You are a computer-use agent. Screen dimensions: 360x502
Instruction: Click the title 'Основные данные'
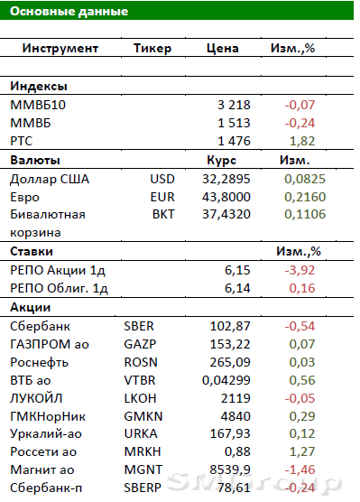pyautogui.click(x=69, y=11)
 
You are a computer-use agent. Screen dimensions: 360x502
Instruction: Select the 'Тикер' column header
pyautogui.click(x=152, y=49)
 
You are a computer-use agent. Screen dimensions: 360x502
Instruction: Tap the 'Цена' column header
pyautogui.click(x=222, y=48)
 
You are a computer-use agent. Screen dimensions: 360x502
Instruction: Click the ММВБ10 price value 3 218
pyautogui.click(x=234, y=105)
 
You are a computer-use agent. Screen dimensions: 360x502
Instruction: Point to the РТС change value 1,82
pyautogui.click(x=302, y=141)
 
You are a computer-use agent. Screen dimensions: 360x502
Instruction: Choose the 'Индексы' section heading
pyautogui.click(x=39, y=86)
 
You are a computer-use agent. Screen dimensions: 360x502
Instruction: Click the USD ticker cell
pyautogui.click(x=162, y=179)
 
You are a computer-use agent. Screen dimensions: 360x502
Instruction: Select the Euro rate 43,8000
pyautogui.click(x=226, y=197)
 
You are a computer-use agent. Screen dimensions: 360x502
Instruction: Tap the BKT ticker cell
pyautogui.click(x=163, y=214)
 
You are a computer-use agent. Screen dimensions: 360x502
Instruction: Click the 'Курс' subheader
pyautogui.click(x=221, y=160)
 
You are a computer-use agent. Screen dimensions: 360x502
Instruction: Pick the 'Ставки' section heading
pyautogui.click(x=32, y=251)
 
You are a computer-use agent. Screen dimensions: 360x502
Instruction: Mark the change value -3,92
pyautogui.click(x=300, y=270)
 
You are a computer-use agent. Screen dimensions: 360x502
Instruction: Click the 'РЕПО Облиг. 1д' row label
pyautogui.click(x=59, y=288)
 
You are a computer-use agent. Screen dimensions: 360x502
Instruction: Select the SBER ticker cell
pyautogui.click(x=139, y=326)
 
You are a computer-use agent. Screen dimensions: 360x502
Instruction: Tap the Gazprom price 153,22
pyautogui.click(x=230, y=344)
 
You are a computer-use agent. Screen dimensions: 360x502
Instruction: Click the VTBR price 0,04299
pyautogui.click(x=226, y=380)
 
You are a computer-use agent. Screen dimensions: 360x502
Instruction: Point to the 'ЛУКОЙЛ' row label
pyautogui.click(x=36, y=398)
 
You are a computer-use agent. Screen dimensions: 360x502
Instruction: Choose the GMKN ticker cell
pyautogui.click(x=143, y=416)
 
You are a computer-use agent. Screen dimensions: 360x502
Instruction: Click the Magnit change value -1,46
pyautogui.click(x=300, y=469)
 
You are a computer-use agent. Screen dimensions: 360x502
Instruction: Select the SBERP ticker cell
pyautogui.click(x=143, y=488)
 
